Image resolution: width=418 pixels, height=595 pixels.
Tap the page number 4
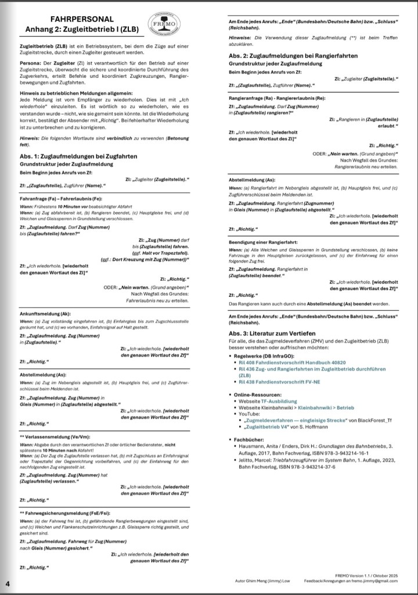pos(8,583)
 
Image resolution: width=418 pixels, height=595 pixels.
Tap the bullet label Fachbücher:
pos(251,440)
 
